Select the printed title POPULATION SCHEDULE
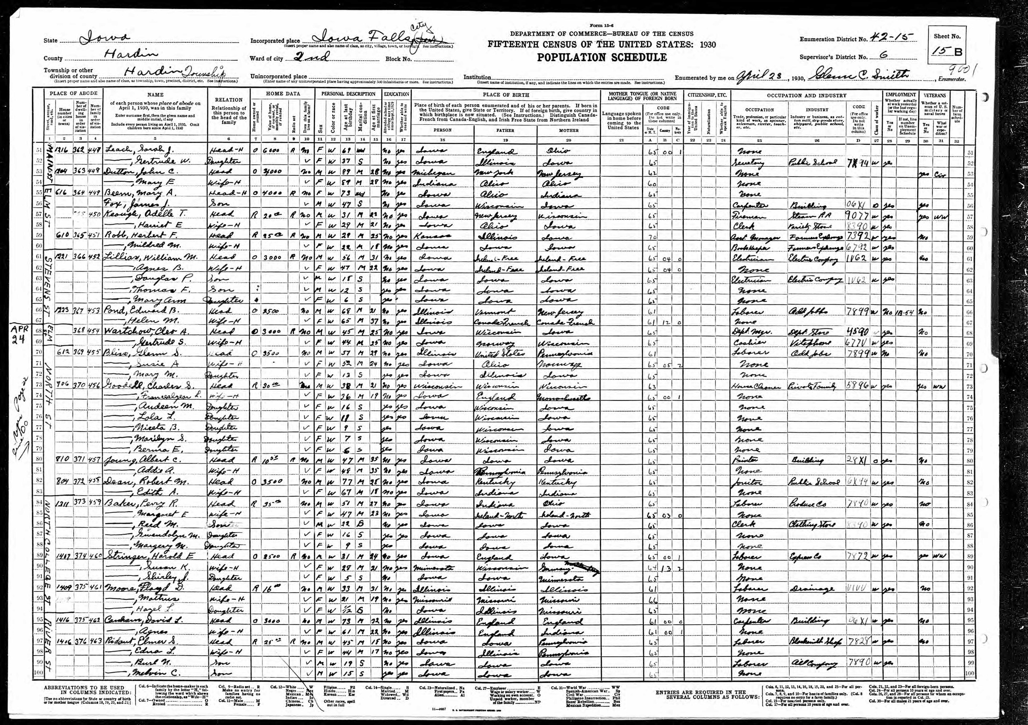[602, 57]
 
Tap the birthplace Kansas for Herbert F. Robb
[432, 236]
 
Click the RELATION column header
[228, 100]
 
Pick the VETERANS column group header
[934, 95]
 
